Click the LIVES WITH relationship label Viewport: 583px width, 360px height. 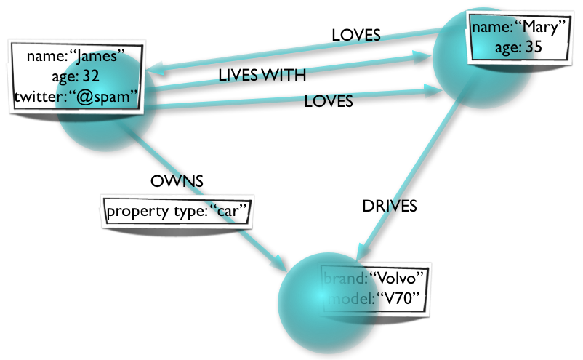click(262, 76)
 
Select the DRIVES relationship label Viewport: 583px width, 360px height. click(390, 206)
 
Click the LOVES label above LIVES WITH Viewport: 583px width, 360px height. click(355, 34)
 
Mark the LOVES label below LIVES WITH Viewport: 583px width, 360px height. click(328, 102)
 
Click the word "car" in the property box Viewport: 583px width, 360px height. click(230, 212)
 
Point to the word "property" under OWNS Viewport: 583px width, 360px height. click(137, 212)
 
